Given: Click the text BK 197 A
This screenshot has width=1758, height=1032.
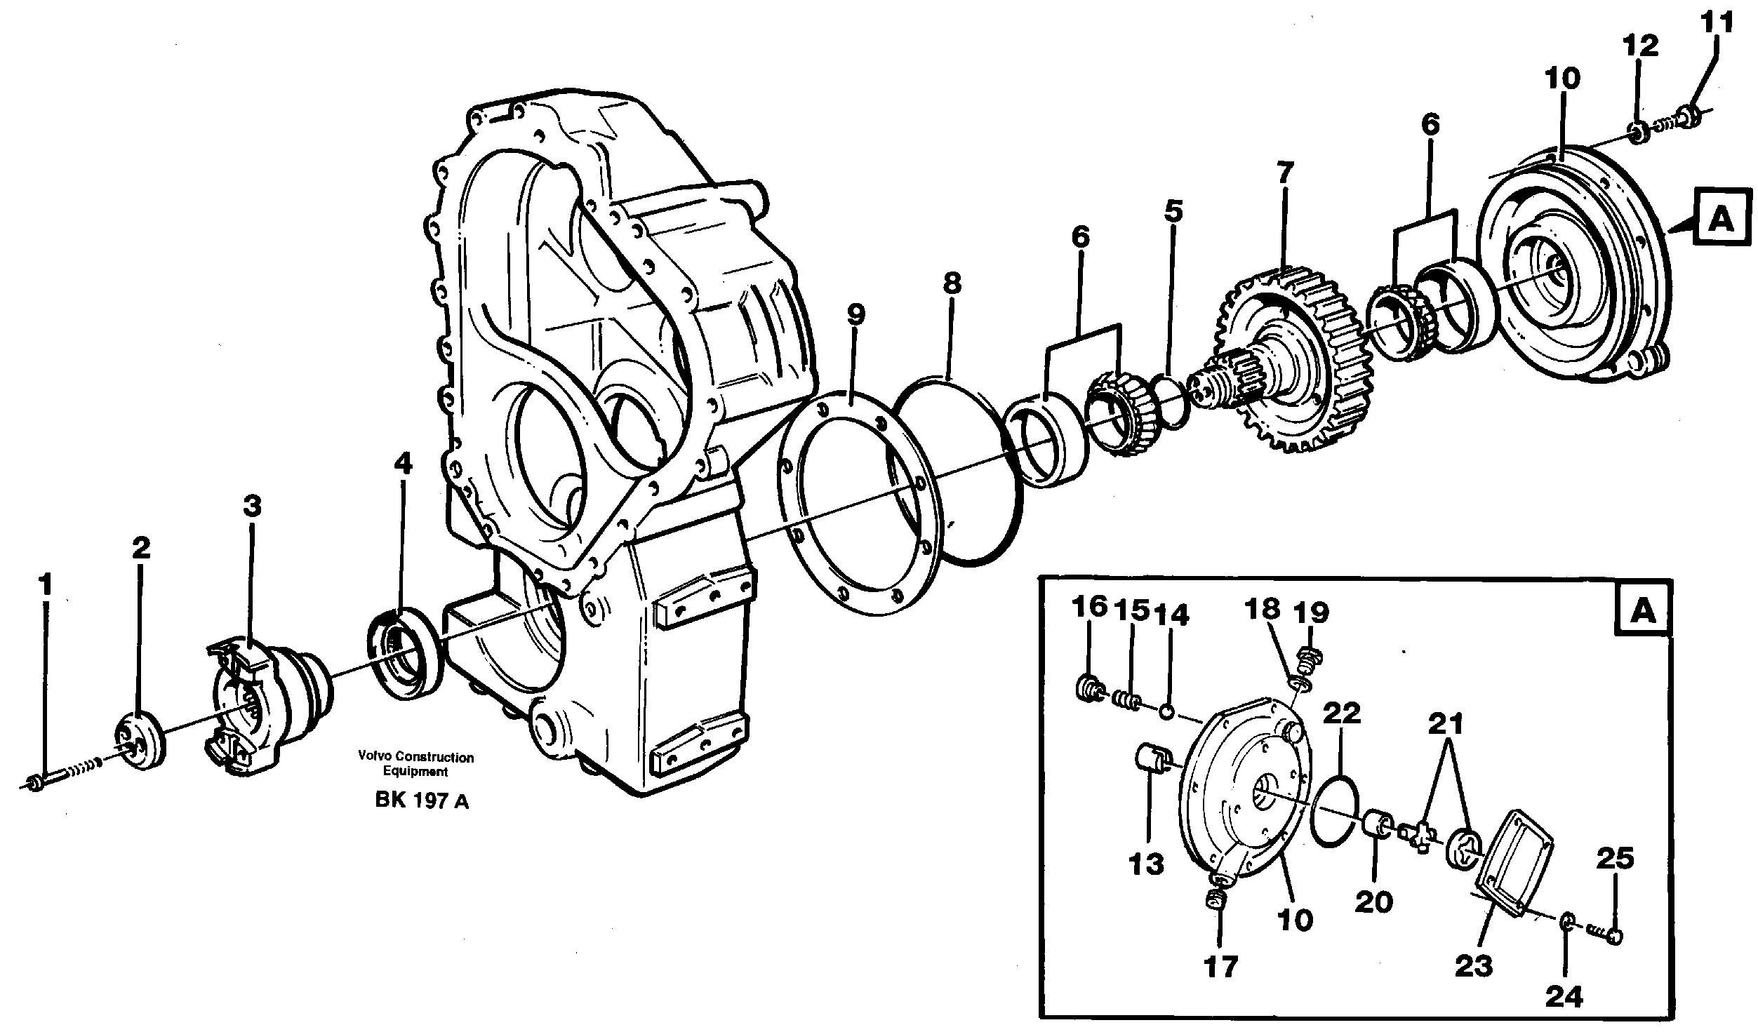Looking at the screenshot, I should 422,800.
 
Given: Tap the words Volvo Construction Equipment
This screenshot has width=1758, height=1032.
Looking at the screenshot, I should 415,764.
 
